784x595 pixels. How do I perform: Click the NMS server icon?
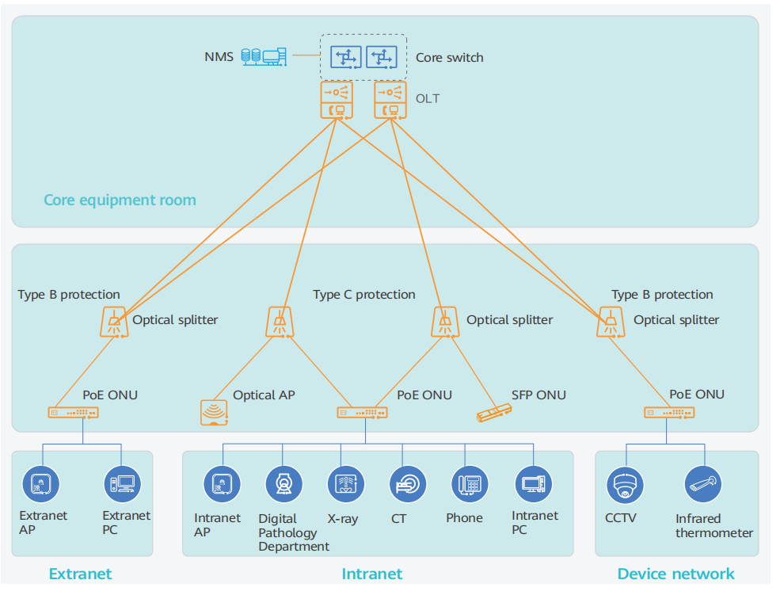pyautogui.click(x=263, y=56)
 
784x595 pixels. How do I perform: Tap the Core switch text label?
pyautogui.click(x=449, y=57)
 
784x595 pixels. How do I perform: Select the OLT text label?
pyautogui.click(x=427, y=99)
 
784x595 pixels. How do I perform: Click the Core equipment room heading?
pyautogui.click(x=120, y=200)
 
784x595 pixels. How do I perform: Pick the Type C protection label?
pyautogui.click(x=363, y=295)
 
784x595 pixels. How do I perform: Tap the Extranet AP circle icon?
pyautogui.click(x=41, y=483)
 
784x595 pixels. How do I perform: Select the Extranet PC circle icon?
pyautogui.click(x=123, y=483)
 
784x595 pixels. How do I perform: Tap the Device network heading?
pyautogui.click(x=676, y=574)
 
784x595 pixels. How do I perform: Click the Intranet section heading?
pyautogui.click(x=371, y=574)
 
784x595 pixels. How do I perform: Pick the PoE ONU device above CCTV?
pyautogui.click(x=668, y=412)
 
